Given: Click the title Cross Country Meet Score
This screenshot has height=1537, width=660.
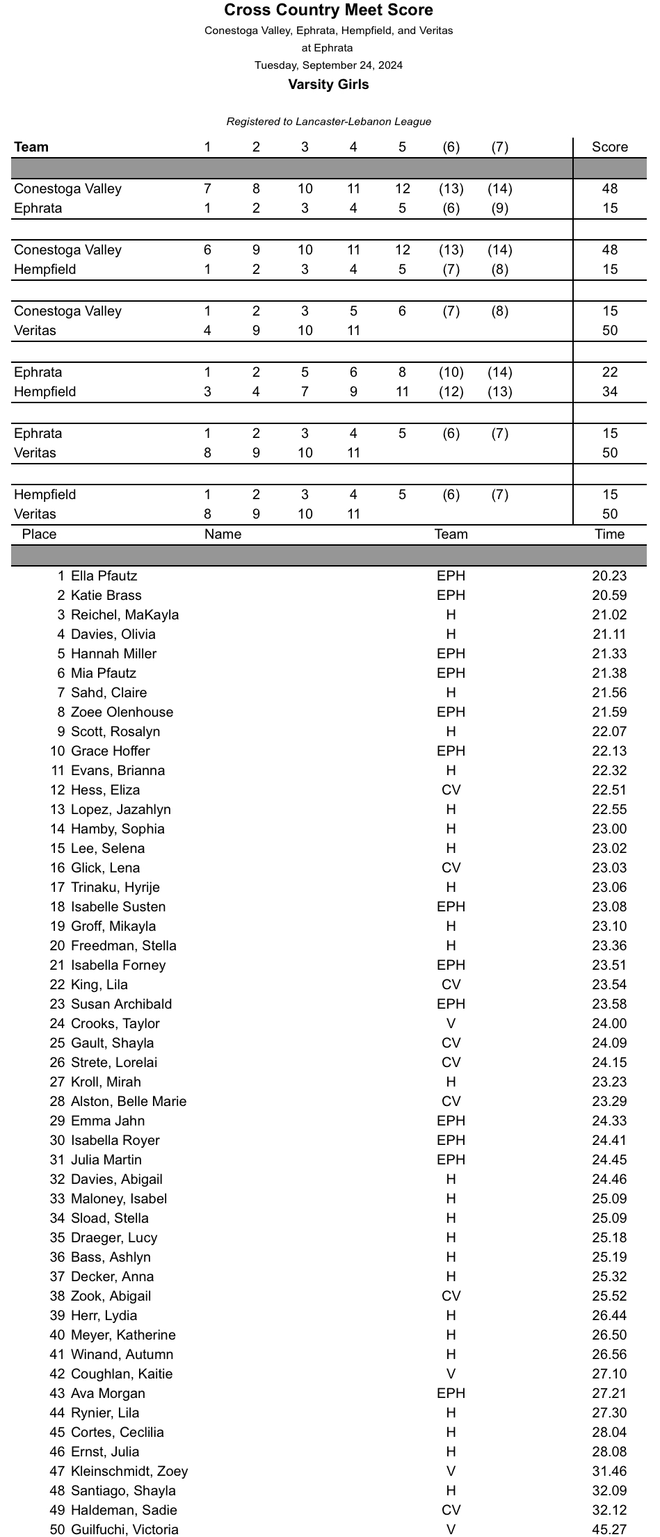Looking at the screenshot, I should point(328,10).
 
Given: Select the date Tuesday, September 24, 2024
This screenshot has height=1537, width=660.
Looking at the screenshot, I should point(328,65).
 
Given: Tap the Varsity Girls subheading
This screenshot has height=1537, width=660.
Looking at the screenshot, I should point(328,85).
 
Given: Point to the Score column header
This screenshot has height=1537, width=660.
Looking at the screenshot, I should point(609,147).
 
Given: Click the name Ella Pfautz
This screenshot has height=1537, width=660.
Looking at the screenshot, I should point(104,576).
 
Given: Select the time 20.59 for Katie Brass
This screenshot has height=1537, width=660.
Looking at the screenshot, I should point(609,595).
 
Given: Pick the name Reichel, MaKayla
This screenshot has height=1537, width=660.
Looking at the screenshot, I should point(124,615).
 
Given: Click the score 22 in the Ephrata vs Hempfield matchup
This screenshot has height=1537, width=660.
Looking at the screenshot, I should point(609,372).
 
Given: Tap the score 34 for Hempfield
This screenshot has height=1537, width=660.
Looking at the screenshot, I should point(609,391).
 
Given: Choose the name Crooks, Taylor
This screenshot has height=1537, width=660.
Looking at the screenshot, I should point(115,1023).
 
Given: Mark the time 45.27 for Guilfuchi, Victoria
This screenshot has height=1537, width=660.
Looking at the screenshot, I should point(609,1529).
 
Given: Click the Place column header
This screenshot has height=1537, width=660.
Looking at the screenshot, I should point(39,534).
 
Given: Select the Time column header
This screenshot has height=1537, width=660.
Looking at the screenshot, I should point(609,534).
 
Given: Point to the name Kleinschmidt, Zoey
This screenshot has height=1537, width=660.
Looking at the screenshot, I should point(129,1471).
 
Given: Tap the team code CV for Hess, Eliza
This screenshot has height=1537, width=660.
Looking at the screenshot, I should point(451,790).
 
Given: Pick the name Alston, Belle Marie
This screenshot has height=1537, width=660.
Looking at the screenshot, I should point(129,1101).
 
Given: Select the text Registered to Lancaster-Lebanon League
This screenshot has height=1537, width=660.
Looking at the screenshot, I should point(328,122).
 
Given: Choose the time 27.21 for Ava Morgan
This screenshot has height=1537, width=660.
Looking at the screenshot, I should point(609,1393).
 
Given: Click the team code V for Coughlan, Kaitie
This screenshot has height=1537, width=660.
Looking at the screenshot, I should point(451,1374).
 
